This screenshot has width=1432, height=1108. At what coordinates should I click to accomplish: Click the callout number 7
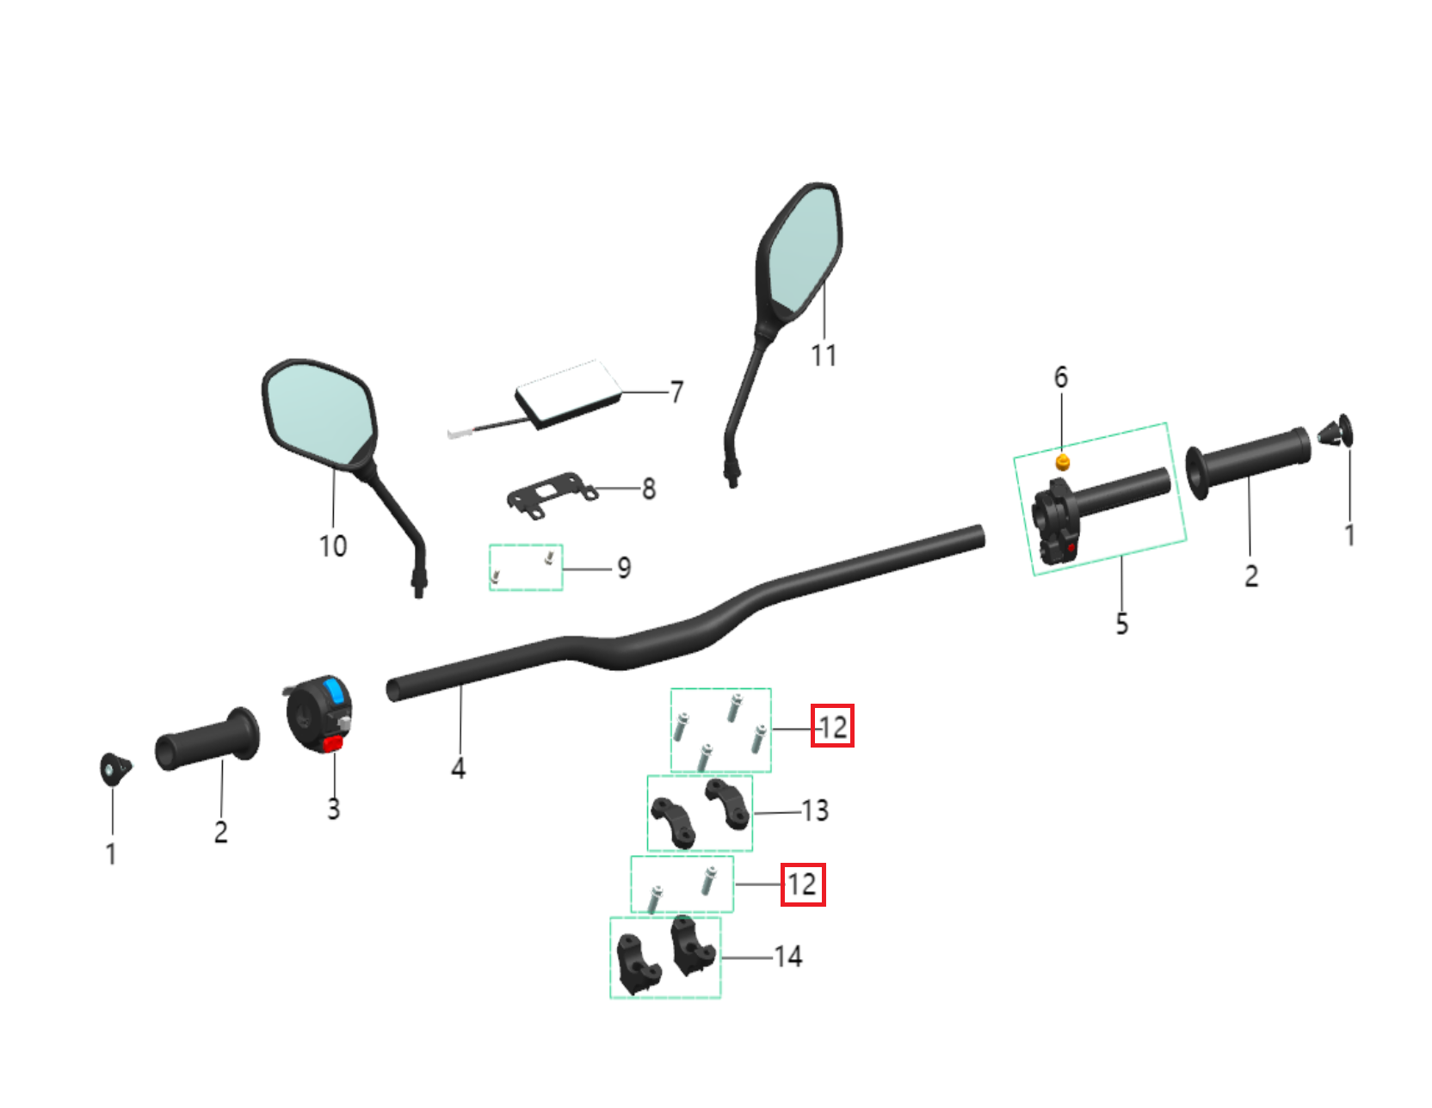[x=676, y=392]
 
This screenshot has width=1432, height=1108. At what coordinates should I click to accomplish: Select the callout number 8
[x=649, y=489]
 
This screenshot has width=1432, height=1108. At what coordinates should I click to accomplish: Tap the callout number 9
[x=624, y=568]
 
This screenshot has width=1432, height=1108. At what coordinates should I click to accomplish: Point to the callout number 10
[x=333, y=545]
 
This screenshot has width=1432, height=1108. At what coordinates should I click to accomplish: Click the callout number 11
[x=824, y=354]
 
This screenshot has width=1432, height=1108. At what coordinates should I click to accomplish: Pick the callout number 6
[x=1061, y=377]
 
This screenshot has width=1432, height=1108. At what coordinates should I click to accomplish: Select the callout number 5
[x=1121, y=623]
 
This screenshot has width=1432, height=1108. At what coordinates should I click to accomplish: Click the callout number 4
[x=459, y=767]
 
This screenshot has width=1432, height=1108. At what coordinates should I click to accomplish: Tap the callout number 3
[x=334, y=809]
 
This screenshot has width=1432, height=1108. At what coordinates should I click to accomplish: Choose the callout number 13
[x=815, y=810]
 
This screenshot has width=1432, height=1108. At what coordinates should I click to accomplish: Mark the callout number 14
[x=788, y=957]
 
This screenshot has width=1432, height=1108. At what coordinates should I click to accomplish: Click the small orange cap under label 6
[x=1063, y=463]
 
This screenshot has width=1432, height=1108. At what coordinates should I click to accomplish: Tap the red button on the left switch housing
[x=332, y=744]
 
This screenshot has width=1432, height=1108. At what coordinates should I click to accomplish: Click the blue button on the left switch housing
[x=335, y=691]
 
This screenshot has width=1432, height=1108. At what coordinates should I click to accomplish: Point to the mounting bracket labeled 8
[x=549, y=496]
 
